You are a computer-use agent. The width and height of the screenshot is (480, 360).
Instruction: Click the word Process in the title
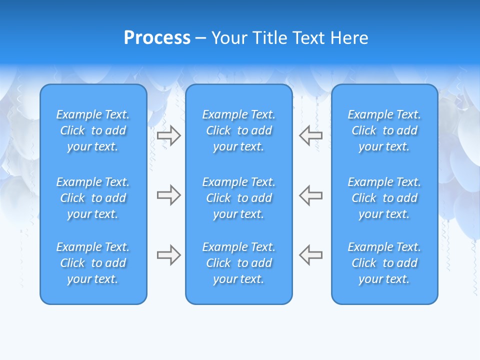[157, 38]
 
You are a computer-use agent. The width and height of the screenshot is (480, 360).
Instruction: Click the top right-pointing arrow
[168, 135]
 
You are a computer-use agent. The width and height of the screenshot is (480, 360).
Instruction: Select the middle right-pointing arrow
[168, 195]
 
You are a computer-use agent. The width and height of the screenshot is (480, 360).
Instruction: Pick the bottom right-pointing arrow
[168, 255]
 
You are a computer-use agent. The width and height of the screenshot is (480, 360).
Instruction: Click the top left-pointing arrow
[311, 135]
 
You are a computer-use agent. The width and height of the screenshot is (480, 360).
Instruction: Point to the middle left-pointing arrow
[311, 195]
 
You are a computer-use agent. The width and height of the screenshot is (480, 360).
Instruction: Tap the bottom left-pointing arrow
[311, 255]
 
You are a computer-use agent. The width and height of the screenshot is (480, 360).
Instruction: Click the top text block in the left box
[93, 130]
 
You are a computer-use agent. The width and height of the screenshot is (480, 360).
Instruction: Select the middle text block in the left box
[93, 198]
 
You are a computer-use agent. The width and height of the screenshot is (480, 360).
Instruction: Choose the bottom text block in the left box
[93, 263]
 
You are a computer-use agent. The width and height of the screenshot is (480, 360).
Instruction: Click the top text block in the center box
[238, 130]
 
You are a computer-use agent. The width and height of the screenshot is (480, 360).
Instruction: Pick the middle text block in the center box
[238, 198]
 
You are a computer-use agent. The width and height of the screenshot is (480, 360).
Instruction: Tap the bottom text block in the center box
[238, 263]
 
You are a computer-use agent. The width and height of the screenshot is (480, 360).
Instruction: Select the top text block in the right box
[384, 130]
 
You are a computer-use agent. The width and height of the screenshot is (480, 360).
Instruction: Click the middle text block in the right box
[384, 198]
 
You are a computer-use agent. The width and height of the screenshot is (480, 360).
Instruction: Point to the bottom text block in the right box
[384, 263]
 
